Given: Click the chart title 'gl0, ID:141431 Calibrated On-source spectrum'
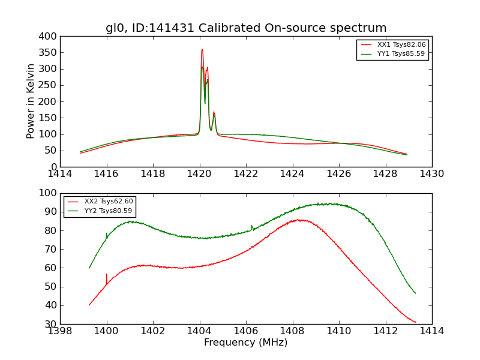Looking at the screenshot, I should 246,28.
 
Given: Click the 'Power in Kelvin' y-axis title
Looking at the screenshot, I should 31,101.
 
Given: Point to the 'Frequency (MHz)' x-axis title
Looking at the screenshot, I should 246,343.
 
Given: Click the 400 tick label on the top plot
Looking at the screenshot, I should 50,37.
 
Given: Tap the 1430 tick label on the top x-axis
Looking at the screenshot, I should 432,174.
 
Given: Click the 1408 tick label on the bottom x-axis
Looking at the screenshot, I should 292,331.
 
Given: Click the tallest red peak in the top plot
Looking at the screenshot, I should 202,50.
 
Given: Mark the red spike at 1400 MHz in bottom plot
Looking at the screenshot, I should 107,275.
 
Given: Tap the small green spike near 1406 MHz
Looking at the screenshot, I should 251,226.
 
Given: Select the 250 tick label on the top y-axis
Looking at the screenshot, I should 50,85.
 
